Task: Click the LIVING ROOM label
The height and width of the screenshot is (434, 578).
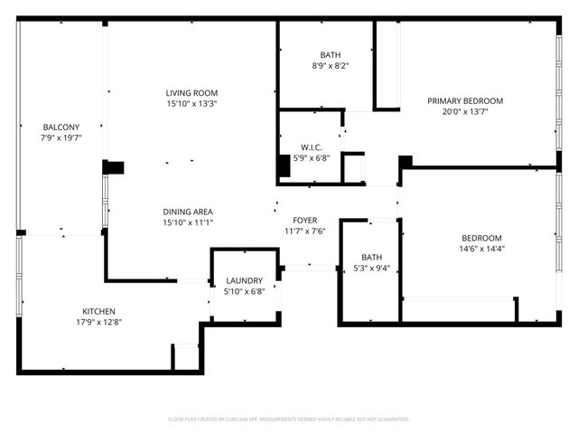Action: (x=191, y=93)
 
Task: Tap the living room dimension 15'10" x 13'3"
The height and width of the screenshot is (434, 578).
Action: (x=191, y=104)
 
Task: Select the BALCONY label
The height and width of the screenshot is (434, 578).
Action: (x=61, y=127)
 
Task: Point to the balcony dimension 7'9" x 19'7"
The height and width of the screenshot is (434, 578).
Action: (x=61, y=138)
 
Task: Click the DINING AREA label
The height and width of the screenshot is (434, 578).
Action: (x=188, y=211)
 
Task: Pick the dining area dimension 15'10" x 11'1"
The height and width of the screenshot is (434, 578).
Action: (x=188, y=222)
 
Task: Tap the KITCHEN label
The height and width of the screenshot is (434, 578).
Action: (x=99, y=311)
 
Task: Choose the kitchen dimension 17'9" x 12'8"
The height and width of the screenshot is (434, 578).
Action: (x=99, y=323)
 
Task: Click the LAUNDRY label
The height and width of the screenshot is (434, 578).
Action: (x=245, y=280)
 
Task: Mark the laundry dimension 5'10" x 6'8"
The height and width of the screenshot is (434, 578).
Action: (x=245, y=291)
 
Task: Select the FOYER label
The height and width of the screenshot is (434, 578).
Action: (x=304, y=220)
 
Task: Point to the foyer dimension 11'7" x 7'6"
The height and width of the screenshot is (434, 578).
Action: (x=304, y=231)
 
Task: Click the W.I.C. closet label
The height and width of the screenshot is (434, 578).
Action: (x=312, y=146)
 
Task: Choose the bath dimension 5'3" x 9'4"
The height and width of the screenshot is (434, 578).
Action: (x=372, y=268)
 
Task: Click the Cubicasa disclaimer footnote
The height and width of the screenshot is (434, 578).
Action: (x=289, y=420)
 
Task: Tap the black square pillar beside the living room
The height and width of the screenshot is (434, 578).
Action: (x=115, y=167)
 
